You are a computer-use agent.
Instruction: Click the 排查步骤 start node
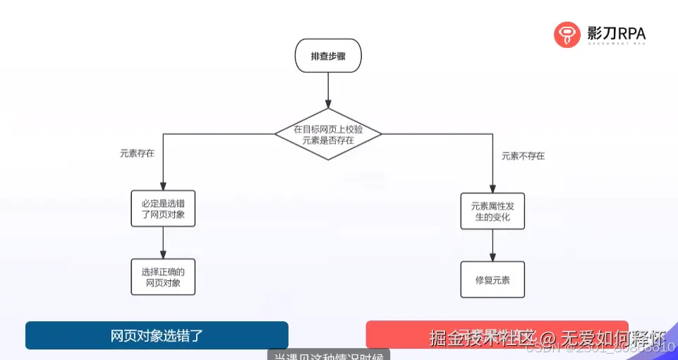328,56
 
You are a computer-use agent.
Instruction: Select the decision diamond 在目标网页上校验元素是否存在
328,134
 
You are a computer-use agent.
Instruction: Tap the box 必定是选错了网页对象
163,208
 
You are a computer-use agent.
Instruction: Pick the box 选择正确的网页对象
163,277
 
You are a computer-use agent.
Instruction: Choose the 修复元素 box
492,280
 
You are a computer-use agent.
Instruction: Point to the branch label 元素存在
137,152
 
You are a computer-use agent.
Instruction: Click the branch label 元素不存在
523,156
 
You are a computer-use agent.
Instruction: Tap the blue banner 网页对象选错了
157,335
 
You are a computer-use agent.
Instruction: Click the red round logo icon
567,34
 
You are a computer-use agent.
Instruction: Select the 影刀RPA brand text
616,32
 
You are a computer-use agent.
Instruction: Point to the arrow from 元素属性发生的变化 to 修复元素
492,246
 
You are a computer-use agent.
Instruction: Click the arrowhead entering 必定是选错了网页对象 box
163,185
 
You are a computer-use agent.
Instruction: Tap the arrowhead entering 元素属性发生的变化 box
492,188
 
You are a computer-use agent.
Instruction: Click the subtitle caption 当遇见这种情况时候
328,356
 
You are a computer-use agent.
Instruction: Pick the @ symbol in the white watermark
549,337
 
